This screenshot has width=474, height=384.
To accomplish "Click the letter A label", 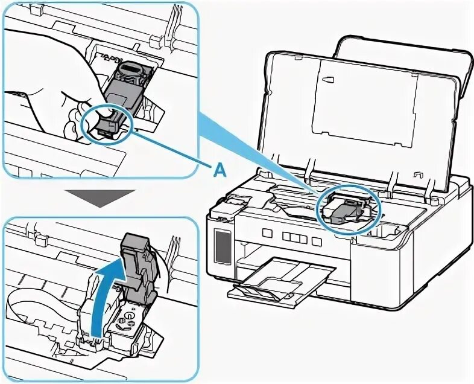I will (220, 171).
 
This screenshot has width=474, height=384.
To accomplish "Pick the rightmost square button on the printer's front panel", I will (316, 240).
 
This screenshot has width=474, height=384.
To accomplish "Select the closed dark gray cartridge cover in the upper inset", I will (124, 91).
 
